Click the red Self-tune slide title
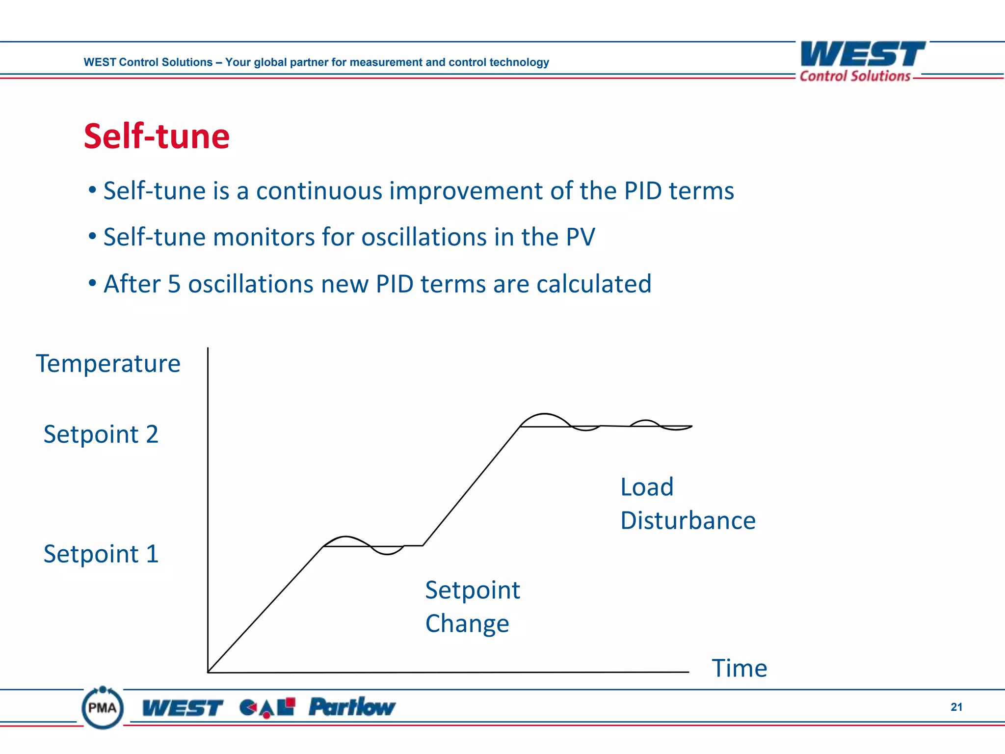click(x=157, y=136)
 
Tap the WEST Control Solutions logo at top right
click(x=862, y=61)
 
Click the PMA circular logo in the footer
click(x=103, y=707)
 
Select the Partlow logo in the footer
click(x=351, y=707)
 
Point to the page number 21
click(x=956, y=707)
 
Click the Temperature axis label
click(x=108, y=364)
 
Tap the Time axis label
click(x=739, y=668)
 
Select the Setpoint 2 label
click(x=101, y=434)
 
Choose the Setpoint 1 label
click(x=101, y=554)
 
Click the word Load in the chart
click(x=647, y=487)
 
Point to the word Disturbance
click(x=688, y=521)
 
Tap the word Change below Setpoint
click(x=467, y=624)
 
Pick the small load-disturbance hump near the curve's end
click(x=645, y=422)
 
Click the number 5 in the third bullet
click(x=174, y=284)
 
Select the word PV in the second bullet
click(x=580, y=238)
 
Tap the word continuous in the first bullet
click(x=318, y=191)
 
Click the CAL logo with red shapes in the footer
click(x=267, y=707)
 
